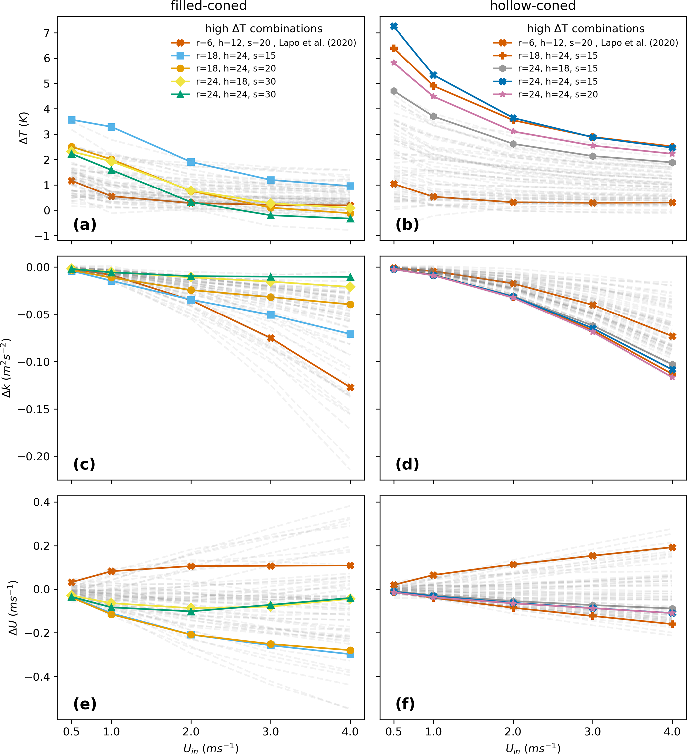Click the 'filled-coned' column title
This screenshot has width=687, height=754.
coord(209,6)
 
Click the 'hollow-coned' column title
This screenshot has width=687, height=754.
coord(532,6)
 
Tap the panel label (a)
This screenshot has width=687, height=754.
coord(85,225)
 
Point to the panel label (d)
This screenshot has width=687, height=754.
coord(407,464)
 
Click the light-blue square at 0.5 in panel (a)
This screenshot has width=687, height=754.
coord(72,120)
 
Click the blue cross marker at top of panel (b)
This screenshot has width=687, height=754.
coord(394,26)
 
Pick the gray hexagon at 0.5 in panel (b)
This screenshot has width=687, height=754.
coord(394,91)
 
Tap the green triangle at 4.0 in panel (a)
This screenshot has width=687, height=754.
coord(350,219)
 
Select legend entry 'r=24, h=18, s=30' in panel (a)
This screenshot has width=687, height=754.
coord(236,81)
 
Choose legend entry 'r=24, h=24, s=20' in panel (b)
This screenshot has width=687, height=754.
coord(558,95)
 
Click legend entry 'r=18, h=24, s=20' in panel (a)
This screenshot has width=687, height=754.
coord(236,69)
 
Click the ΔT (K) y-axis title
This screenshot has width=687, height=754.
coord(24,128)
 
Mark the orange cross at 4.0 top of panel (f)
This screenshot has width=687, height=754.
coord(672,548)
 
